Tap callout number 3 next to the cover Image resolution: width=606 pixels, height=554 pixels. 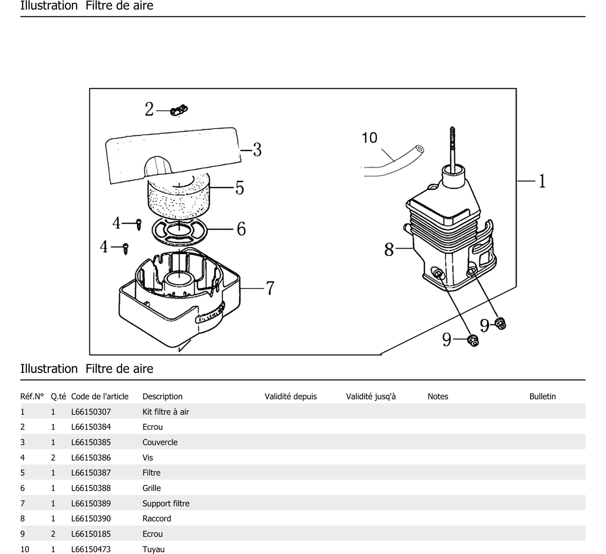pos(257,150)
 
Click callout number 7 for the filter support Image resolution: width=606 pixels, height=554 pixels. pos(270,288)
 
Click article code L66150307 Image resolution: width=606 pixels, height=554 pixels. pos(91,412)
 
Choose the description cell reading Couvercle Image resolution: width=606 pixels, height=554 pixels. pos(160,442)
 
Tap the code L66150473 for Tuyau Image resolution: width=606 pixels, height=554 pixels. pos(91,549)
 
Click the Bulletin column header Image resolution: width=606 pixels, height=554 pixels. pos(542,397)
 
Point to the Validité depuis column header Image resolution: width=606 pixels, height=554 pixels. pos(290,397)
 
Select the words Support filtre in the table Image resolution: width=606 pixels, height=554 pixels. pos(166,504)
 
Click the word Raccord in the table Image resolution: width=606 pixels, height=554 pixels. pos(157,519)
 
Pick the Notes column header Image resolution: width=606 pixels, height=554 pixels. pos(438,397)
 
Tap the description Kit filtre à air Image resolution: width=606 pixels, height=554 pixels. pos(166,412)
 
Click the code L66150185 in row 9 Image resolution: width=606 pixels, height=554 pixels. pos(91,534)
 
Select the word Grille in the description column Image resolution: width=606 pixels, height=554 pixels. pos(151,488)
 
